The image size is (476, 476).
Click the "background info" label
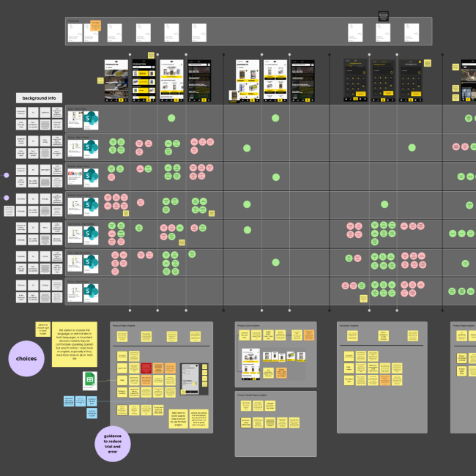(39, 97)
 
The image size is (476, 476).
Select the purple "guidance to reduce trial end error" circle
(113, 444)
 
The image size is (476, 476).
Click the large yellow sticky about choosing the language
(74, 343)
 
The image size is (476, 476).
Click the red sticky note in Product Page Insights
(146, 368)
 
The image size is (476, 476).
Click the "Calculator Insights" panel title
(349, 324)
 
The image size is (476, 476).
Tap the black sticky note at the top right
(383, 16)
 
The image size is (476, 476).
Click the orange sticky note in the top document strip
(94, 27)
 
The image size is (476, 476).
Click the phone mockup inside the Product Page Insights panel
(190, 379)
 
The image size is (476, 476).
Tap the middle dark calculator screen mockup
(382, 78)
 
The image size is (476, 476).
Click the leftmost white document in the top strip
(75, 32)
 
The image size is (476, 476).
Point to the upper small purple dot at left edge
(6, 176)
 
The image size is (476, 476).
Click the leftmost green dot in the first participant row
(171, 118)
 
